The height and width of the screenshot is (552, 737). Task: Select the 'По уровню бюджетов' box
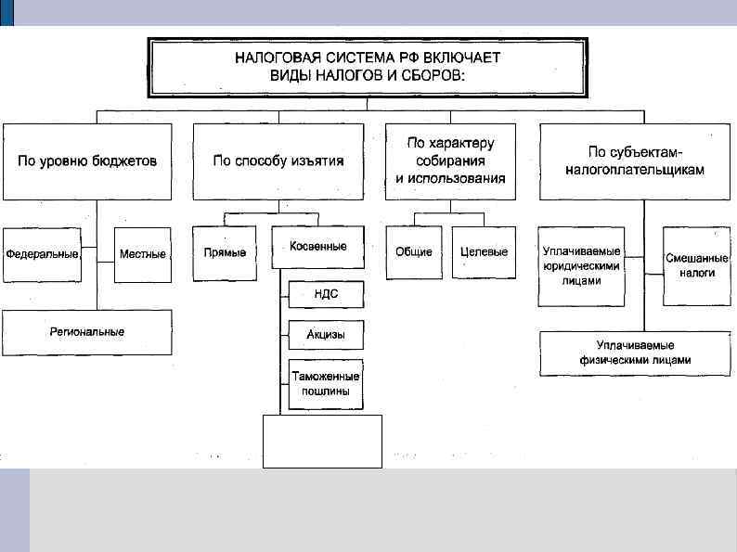coord(87,161)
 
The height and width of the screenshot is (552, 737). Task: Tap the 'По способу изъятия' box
coord(278,161)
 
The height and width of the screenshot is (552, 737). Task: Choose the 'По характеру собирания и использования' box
coord(450,161)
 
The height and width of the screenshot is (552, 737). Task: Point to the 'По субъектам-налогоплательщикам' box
coord(635,161)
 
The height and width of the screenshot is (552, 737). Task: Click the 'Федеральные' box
coord(42,253)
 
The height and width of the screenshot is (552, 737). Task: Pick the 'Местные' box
coord(143,253)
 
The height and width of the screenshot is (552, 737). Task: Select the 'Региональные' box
coord(87,331)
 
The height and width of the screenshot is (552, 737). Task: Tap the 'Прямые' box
coord(225,253)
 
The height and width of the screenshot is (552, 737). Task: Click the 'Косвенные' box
coord(317,247)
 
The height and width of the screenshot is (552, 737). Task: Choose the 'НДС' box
coord(326,294)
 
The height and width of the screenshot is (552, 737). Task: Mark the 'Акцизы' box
coord(326,334)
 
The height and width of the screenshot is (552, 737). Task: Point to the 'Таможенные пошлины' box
coord(326,383)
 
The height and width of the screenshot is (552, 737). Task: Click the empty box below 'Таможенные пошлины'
coord(322,441)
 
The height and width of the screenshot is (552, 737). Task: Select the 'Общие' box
coord(414,252)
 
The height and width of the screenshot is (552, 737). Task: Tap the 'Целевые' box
coord(485,252)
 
